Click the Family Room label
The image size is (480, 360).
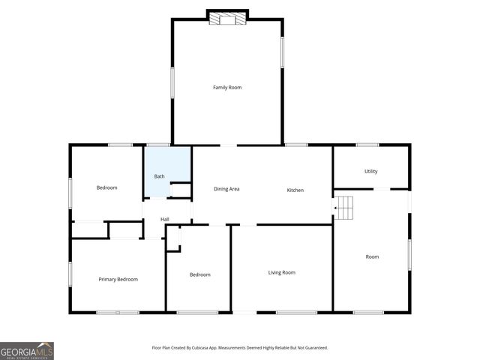tap(227, 88)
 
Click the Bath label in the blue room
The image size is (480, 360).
tap(160, 176)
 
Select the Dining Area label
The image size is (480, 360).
tap(226, 190)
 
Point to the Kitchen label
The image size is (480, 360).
tap(295, 190)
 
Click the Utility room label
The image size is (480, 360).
tap(371, 172)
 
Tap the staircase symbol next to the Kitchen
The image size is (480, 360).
tap(343, 208)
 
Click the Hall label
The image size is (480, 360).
tap(164, 219)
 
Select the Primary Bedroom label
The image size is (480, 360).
tap(118, 279)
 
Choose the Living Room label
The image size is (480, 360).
tap(282, 272)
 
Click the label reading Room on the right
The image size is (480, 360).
tap(372, 256)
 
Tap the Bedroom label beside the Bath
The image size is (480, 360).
tap(106, 187)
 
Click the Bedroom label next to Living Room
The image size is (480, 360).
tap(199, 274)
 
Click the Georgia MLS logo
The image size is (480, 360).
tap(27, 350)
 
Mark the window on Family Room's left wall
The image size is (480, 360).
tap(172, 82)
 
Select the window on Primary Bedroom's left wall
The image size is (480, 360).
tap(70, 274)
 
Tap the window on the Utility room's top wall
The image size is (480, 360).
tap(367, 145)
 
